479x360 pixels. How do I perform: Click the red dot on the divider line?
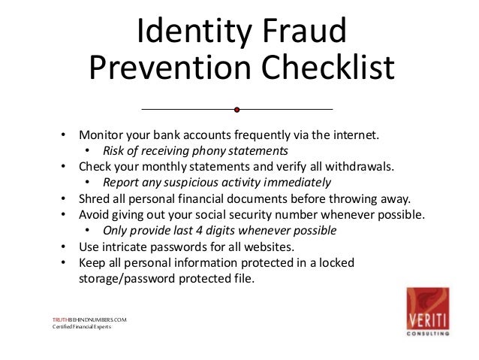[x=237, y=110]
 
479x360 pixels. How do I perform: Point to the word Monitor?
[x=102, y=136]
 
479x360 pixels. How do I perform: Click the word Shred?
[x=94, y=199]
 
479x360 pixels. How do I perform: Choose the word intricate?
[x=126, y=247]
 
